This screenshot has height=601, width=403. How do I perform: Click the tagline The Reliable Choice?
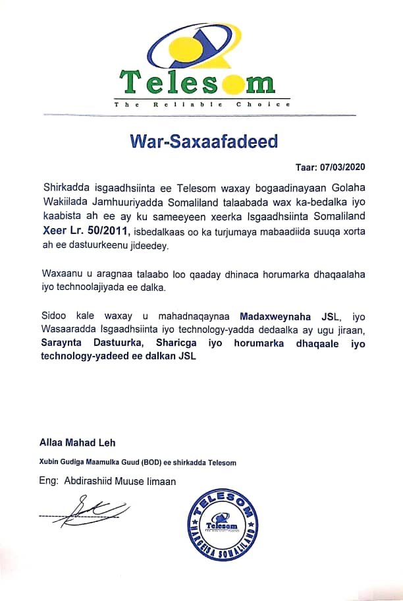(201, 105)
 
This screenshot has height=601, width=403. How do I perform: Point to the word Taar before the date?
(308, 167)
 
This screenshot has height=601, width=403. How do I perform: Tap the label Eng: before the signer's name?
(50, 481)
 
